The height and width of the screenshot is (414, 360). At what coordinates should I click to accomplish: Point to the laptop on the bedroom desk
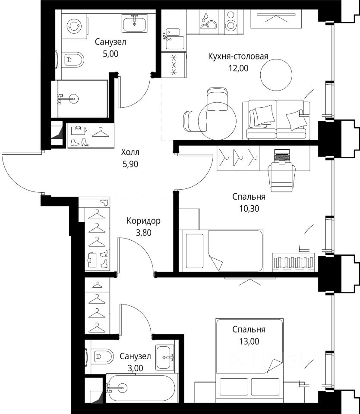point(282,156)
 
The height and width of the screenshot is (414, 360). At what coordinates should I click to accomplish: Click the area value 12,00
point(238,69)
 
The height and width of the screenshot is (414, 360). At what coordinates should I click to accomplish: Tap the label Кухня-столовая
point(238,56)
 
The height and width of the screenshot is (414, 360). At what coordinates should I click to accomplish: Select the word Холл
point(130,152)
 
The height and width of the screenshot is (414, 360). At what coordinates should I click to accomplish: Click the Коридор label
point(143,221)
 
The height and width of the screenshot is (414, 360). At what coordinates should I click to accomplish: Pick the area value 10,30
point(249,209)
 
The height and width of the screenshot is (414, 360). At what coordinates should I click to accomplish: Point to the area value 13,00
point(249,342)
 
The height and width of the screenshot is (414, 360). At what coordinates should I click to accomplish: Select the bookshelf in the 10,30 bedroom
point(294,262)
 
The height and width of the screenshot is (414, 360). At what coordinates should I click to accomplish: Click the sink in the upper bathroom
point(135,23)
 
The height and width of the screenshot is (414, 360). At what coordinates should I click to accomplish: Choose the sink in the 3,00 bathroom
point(165,357)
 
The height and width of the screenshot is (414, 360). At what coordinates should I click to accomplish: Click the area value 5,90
point(130,164)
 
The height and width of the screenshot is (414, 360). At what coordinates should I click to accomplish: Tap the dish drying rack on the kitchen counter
point(208,21)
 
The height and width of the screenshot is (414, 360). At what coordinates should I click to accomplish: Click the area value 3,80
point(143,233)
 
